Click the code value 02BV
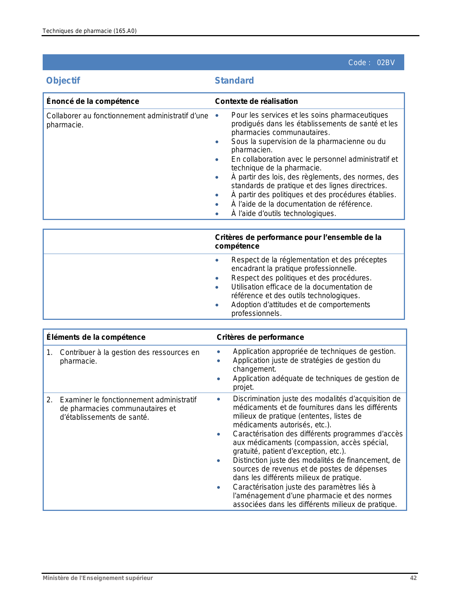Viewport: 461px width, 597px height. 386,63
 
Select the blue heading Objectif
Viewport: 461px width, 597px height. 63,81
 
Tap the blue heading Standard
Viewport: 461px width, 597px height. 234,81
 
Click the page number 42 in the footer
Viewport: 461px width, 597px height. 413,578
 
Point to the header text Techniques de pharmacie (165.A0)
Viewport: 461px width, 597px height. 89,31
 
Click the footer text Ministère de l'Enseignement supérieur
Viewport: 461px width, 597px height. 98,578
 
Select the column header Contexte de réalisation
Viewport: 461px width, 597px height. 256,101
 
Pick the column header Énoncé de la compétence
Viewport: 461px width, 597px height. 93,101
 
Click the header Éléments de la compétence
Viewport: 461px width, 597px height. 96,337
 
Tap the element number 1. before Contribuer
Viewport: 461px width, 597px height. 50,352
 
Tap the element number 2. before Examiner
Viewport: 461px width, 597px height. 50,400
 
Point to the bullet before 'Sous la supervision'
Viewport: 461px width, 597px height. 217,142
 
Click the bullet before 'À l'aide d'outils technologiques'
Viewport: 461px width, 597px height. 217,214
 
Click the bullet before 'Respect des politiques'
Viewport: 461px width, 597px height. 217,278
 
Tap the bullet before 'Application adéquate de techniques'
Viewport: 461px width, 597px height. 218,379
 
